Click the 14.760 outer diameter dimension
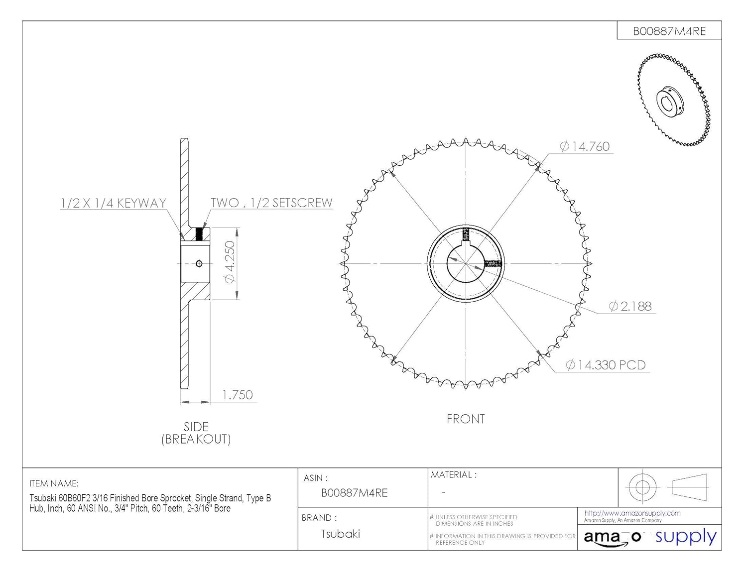(584, 146)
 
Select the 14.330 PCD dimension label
(606, 365)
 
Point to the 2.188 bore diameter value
(630, 306)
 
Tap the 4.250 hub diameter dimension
(230, 262)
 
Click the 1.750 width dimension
(237, 395)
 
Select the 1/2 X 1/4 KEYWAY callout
(114, 203)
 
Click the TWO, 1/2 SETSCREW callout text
(271, 203)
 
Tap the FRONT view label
(466, 419)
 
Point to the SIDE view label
(196, 427)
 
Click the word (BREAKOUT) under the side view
(196, 439)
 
